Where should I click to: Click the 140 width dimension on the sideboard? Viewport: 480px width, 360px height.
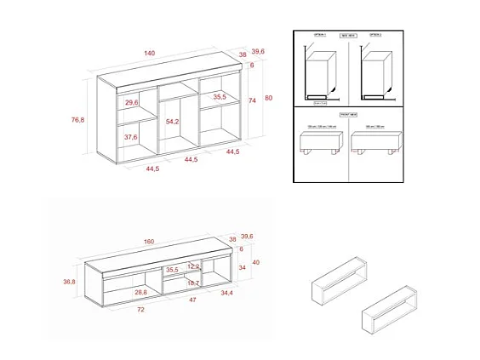click(150, 54)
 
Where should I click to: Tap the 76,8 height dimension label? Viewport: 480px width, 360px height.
click(77, 120)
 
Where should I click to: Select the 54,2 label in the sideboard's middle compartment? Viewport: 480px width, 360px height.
click(173, 123)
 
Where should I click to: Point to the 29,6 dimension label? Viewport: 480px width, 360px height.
click(131, 102)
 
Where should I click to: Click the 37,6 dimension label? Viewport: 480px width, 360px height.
click(131, 137)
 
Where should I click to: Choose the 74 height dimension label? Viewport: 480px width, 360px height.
click(252, 100)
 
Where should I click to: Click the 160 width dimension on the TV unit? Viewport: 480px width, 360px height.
click(150, 242)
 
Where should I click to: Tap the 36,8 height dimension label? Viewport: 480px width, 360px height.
click(70, 282)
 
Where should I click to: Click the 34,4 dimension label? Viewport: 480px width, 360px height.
click(226, 294)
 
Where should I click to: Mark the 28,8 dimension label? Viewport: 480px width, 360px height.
click(141, 292)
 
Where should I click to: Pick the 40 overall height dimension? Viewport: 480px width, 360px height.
click(255, 262)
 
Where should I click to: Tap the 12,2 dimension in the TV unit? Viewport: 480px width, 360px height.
click(193, 266)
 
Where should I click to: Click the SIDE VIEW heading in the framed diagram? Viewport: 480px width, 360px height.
click(349, 36)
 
